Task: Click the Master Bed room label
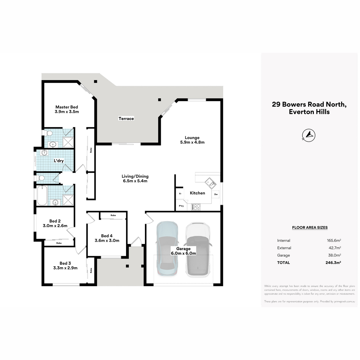(x=67, y=109)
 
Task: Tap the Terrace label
(x=126, y=118)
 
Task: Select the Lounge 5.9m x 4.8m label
(x=192, y=140)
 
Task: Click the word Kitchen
(x=197, y=193)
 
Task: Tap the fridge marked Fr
(x=180, y=194)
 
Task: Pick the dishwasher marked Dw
(x=216, y=194)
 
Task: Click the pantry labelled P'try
(x=181, y=206)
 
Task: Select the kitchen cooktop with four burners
(x=196, y=207)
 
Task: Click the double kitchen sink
(x=211, y=183)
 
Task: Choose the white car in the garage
(x=198, y=250)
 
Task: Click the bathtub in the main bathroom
(x=42, y=195)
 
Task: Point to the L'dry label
(x=59, y=161)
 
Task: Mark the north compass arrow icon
(x=309, y=135)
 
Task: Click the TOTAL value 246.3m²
(x=333, y=262)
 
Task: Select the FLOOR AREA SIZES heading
(x=310, y=227)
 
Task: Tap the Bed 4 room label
(x=107, y=238)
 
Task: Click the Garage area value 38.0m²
(x=334, y=255)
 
